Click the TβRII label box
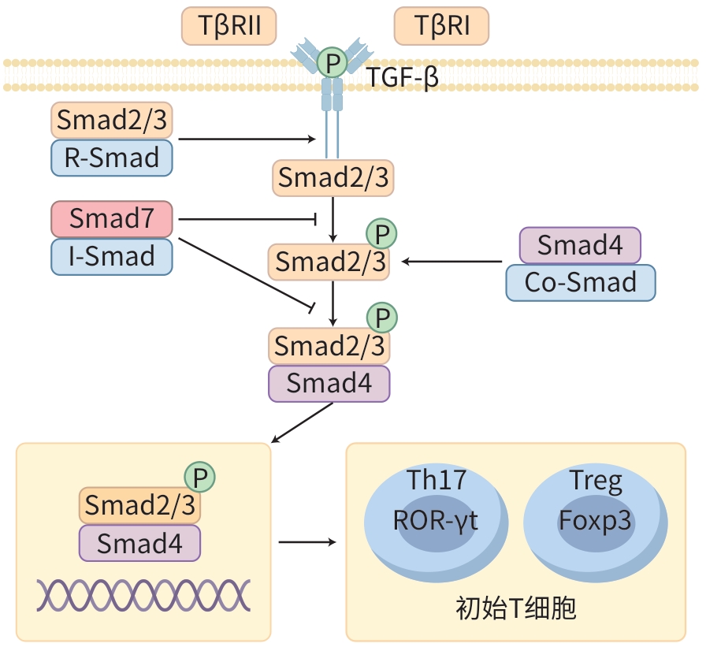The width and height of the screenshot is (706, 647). coord(229,27)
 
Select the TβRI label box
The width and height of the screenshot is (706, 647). coord(441,27)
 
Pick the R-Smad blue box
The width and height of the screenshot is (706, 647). coord(111,158)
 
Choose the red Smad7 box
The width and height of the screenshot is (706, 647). coord(111,218)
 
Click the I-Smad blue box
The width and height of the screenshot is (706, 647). coord(111,256)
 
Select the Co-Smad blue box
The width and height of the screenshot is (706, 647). coord(580,283)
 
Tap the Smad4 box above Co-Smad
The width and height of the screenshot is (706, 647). coord(580,245)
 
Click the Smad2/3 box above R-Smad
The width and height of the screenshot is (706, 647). coord(111,120)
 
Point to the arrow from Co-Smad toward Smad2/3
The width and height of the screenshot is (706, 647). coord(452,261)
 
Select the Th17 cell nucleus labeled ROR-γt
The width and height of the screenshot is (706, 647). coord(436,522)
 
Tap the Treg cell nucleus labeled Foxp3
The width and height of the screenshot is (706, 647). coord(596,522)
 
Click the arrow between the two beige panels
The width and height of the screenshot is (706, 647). coord(307,542)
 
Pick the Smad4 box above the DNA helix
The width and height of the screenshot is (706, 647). coord(139,542)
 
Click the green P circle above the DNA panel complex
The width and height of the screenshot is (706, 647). coord(200,476)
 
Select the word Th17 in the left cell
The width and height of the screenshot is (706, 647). coord(436,480)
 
